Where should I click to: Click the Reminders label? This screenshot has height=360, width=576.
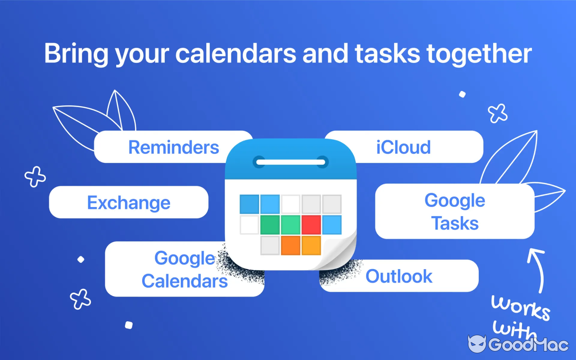[x=174, y=147]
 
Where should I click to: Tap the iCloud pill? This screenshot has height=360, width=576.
[x=403, y=147]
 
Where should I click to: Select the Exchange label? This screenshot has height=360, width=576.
[x=129, y=202]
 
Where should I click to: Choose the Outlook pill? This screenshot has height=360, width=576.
[x=399, y=276]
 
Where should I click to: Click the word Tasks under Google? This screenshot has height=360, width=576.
[x=455, y=223]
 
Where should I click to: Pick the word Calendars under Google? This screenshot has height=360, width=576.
[x=184, y=281]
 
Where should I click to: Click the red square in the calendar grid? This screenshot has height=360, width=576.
[x=311, y=225]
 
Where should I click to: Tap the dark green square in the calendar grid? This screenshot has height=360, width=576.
[x=270, y=225]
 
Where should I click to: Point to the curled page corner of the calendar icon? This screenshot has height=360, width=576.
[x=337, y=252]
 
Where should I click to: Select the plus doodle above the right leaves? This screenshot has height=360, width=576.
[x=498, y=113]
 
